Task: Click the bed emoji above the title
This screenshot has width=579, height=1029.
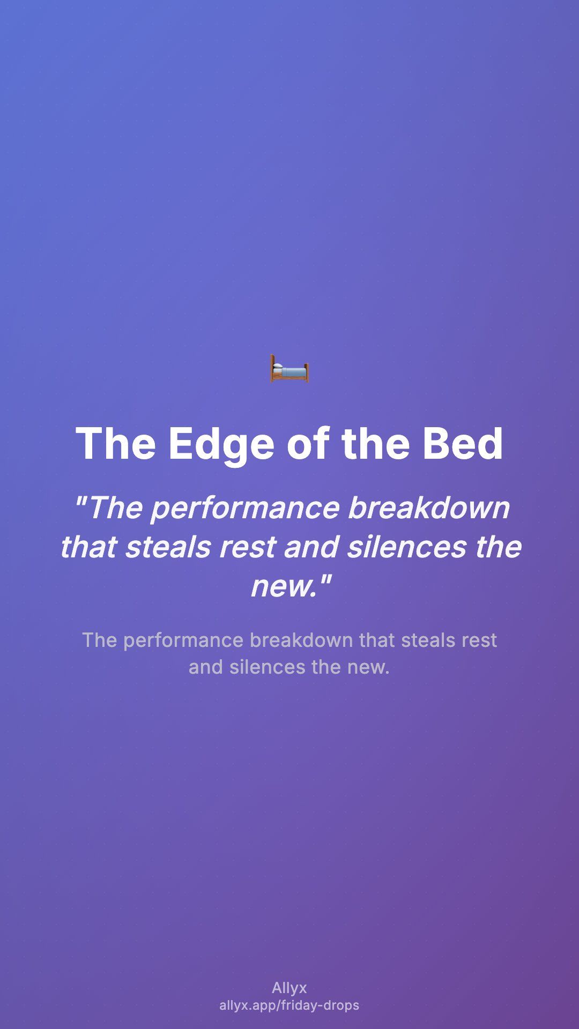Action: (289, 369)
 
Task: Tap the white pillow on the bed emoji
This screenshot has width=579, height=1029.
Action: (277, 366)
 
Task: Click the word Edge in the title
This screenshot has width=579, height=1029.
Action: (221, 444)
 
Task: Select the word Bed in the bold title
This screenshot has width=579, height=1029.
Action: (463, 444)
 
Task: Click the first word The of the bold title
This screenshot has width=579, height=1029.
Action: (116, 444)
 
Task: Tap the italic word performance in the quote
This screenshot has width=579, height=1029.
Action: (245, 509)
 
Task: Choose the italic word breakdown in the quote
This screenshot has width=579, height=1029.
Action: (429, 508)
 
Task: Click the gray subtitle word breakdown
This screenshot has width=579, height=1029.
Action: (301, 640)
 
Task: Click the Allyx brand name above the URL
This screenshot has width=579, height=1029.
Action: (289, 988)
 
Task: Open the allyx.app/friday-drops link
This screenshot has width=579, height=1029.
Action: (289, 1005)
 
